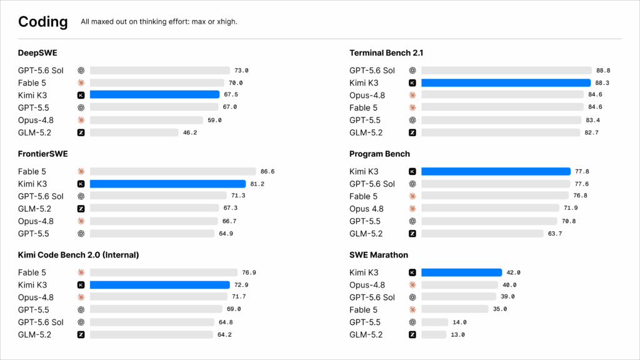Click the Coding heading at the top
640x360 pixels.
point(43,22)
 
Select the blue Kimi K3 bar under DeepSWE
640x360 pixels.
point(155,95)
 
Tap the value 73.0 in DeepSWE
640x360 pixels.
point(241,70)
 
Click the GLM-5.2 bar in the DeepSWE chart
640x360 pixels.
point(134,132)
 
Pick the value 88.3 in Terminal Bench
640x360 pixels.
point(602,83)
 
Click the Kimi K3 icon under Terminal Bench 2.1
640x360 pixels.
point(412,83)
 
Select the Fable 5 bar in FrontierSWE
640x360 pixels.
point(172,171)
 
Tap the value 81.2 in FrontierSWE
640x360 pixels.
point(257,184)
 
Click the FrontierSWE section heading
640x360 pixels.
point(43,154)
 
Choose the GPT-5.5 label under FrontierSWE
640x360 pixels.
point(34,234)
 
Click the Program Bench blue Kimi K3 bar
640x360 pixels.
point(496,171)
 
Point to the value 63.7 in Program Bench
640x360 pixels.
point(555,234)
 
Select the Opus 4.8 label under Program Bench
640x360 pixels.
point(366,209)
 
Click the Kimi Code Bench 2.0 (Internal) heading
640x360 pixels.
point(78,255)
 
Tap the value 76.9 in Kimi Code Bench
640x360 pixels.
point(249,272)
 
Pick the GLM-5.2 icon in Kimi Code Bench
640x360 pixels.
point(81,335)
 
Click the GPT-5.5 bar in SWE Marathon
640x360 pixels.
point(435,322)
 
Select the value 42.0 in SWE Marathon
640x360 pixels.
point(514,272)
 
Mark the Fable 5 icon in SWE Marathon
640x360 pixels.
point(412,310)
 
